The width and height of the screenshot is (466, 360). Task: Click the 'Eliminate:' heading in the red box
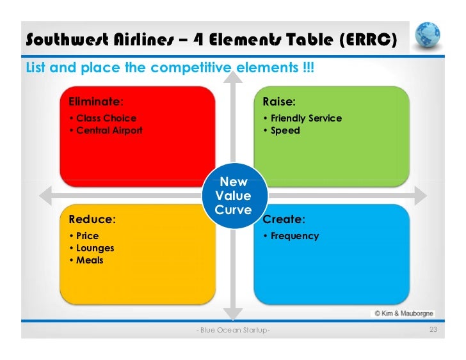96,101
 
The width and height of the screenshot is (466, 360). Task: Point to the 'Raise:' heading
279,101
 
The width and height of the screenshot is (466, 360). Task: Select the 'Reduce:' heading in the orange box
92,219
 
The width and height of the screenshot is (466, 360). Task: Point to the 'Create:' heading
284,219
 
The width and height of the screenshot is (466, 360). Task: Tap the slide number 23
433,329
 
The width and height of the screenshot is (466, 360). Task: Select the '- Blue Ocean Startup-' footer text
233,330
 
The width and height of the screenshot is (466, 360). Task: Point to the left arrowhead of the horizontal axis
44,194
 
